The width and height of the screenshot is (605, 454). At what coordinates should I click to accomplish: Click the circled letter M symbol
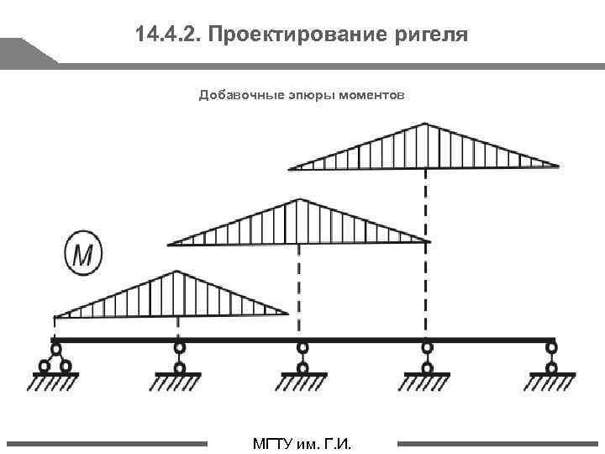82,253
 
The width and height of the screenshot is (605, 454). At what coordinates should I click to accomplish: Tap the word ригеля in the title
431,36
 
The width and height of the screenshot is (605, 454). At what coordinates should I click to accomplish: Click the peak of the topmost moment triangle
425,124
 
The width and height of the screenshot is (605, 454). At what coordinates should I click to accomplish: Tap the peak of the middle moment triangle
299,199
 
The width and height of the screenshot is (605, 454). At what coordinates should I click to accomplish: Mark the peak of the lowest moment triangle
176,272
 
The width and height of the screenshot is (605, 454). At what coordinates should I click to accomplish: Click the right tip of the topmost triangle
557,166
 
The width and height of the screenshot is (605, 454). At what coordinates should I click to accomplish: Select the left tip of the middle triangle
169,244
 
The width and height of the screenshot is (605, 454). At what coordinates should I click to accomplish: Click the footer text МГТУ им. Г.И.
302,443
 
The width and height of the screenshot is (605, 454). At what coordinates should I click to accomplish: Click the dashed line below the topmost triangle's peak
426,252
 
